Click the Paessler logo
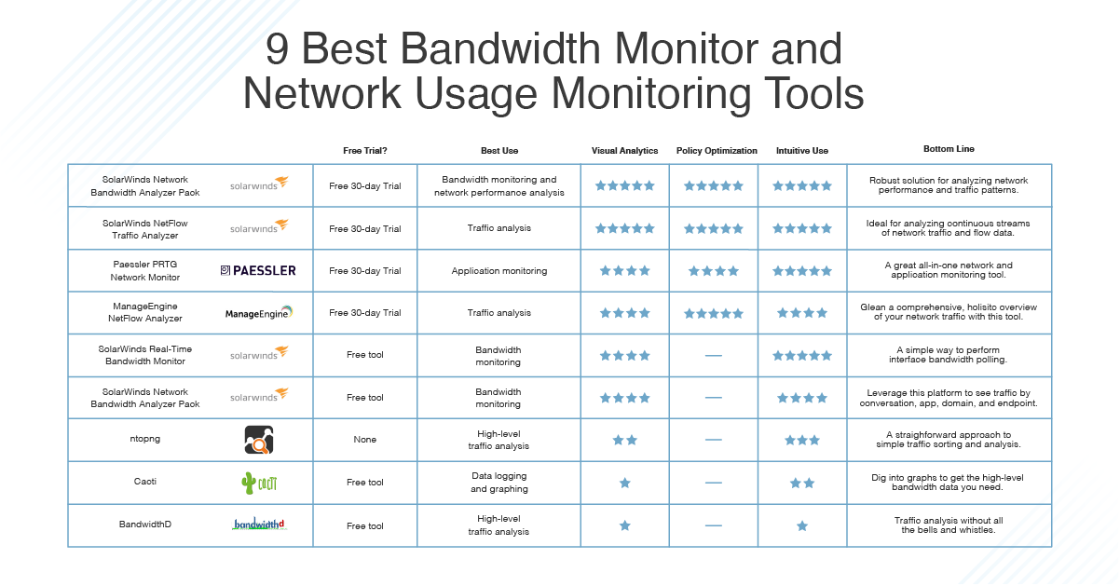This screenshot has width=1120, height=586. (258, 270)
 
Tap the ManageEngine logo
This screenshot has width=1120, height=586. (258, 312)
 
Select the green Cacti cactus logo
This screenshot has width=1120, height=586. (259, 483)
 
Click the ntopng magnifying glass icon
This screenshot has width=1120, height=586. (259, 440)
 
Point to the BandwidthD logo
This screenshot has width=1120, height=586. (259, 524)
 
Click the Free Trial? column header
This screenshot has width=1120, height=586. (365, 151)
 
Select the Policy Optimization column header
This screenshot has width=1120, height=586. (717, 151)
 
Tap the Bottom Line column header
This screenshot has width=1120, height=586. (949, 149)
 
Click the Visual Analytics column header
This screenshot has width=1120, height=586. (624, 151)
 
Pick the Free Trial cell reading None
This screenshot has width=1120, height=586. (365, 440)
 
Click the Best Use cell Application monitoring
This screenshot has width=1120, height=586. (499, 271)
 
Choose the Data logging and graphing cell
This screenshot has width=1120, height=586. (499, 483)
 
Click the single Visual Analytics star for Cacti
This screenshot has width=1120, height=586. (625, 483)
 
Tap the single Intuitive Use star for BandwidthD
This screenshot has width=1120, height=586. (802, 526)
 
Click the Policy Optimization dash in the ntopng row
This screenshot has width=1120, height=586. (714, 440)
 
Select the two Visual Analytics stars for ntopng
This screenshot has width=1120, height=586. (625, 440)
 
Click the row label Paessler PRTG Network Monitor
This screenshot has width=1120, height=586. (145, 270)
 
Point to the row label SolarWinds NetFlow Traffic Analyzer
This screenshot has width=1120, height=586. (145, 229)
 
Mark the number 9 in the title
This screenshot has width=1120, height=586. (277, 49)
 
